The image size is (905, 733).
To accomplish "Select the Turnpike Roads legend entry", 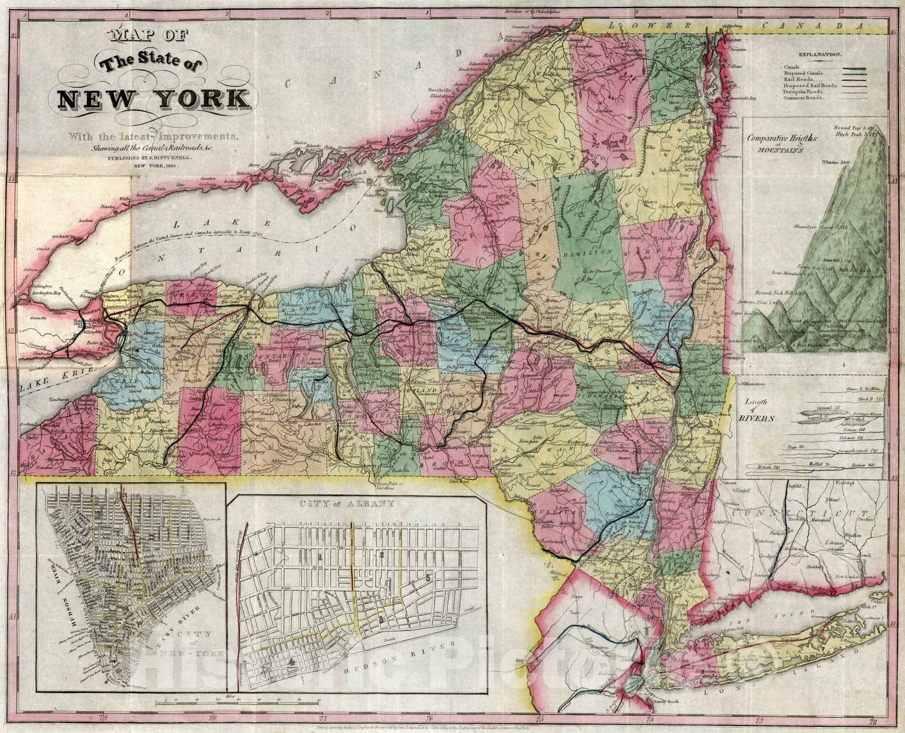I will coord(803,92).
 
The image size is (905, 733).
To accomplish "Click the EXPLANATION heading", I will coord(820,55).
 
